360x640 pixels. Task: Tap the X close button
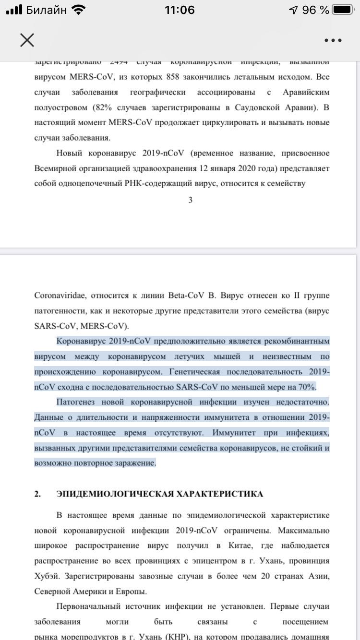tap(27, 40)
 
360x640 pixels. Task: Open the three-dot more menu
tap(333, 40)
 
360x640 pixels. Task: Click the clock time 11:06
tap(180, 10)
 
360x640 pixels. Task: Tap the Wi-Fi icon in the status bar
tap(77, 10)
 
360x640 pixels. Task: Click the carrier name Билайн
tap(47, 10)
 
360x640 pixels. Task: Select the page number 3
tap(191, 200)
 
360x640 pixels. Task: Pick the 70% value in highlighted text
tap(308, 387)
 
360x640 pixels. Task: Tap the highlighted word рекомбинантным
tap(294, 341)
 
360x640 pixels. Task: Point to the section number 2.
tap(37, 494)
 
